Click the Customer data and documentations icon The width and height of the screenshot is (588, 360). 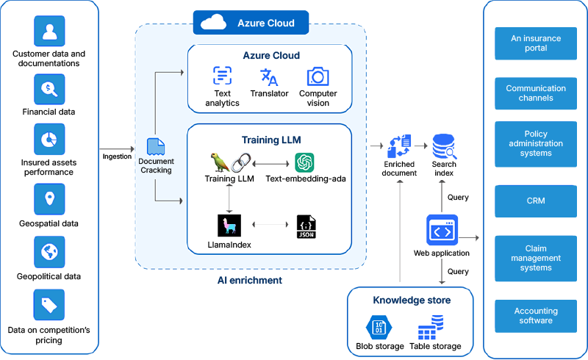tap(49, 31)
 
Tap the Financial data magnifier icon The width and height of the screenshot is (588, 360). tap(49, 89)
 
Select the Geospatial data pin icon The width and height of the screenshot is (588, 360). tap(49, 199)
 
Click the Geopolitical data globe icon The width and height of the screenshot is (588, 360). tap(49, 251)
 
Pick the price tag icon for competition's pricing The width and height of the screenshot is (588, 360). tap(49, 305)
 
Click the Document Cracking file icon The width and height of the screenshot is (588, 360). tap(156, 147)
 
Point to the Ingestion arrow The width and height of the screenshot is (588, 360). tap(117, 149)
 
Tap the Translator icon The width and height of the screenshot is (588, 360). tap(269, 77)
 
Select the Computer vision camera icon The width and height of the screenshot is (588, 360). tap(318, 76)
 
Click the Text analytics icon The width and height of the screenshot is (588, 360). tap(223, 76)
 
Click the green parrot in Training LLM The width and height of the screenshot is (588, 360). tap(219, 162)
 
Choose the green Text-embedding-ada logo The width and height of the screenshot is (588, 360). tap(304, 162)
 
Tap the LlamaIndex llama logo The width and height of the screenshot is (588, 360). tap(229, 226)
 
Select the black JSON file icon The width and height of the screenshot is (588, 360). tap(306, 226)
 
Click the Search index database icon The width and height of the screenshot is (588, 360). tap(445, 147)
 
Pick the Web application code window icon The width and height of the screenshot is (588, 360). tap(442, 230)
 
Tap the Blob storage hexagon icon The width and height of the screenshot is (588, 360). tap(379, 328)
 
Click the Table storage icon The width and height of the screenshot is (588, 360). tap(431, 328)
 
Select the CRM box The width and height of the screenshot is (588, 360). tap(536, 201)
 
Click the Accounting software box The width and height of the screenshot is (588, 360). tap(536, 316)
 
